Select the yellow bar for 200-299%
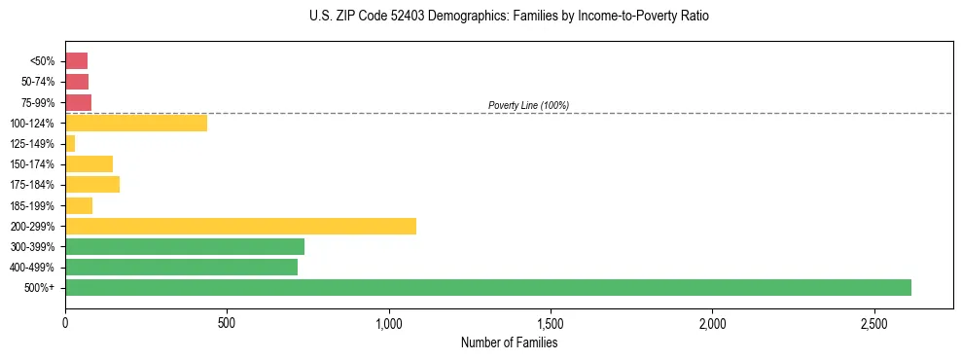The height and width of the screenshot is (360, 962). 240,226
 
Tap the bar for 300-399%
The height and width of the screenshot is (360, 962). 185,246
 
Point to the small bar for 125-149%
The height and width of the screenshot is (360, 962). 70,143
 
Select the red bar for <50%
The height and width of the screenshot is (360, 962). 76,61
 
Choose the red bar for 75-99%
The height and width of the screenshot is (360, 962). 78,102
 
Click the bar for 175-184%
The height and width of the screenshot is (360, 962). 92,184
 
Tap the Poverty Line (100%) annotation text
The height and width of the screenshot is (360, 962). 528,105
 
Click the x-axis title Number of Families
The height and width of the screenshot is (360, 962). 509,342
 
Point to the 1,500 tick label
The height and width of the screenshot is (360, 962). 551,322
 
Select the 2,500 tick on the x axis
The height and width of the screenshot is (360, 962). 874,322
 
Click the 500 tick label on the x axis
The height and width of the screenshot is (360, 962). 227,322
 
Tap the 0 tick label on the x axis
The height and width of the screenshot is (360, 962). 65,322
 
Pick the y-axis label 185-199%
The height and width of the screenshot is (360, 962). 32,205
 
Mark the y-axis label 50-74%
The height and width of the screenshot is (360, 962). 35,82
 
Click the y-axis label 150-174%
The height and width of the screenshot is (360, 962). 32,164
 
